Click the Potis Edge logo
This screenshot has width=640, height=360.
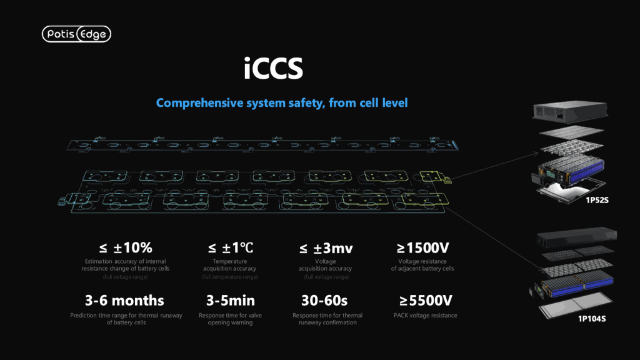click(x=76, y=34)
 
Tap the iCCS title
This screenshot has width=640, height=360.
click(x=273, y=68)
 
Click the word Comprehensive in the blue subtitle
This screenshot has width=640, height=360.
click(x=199, y=103)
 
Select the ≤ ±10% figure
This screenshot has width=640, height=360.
click(x=126, y=247)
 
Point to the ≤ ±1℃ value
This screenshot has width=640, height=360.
click(x=231, y=247)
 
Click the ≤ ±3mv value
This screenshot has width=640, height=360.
click(x=326, y=247)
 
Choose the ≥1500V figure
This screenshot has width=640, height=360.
click(x=423, y=247)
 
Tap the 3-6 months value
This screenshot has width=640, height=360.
click(x=124, y=301)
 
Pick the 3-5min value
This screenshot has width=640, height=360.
click(x=231, y=301)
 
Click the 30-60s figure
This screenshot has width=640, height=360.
click(x=324, y=301)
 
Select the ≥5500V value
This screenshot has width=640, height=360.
click(x=426, y=301)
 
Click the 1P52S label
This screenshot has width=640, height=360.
click(x=597, y=200)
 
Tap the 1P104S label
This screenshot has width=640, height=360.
click(x=592, y=319)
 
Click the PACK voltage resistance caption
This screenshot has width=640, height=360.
click(x=425, y=315)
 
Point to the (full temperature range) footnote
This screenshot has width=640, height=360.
click(x=230, y=277)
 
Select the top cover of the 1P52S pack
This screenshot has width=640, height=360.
click(x=570, y=111)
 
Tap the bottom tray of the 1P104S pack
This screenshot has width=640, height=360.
click(x=576, y=305)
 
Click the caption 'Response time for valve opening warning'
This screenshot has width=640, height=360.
click(x=230, y=319)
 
